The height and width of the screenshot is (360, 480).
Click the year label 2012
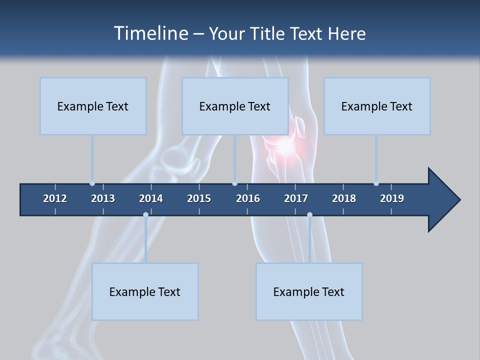pyautogui.click(x=55, y=198)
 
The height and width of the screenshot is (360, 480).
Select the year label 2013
pyautogui.click(x=103, y=198)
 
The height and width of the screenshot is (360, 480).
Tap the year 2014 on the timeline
pyautogui.click(x=151, y=198)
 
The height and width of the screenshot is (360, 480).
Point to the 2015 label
pyautogui.click(x=199, y=198)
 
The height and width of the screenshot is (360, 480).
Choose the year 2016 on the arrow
pyautogui.click(x=248, y=198)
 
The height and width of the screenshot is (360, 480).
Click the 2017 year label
pyautogui.click(x=296, y=198)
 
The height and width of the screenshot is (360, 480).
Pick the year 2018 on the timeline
pyautogui.click(x=344, y=198)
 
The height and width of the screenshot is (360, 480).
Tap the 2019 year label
pyautogui.click(x=392, y=198)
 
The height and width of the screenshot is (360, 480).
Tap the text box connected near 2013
pyautogui.click(x=93, y=106)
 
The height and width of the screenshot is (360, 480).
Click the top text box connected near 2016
pyautogui.click(x=235, y=106)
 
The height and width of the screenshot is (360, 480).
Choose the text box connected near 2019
pyautogui.click(x=377, y=106)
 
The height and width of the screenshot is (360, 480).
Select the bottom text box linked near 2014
pyautogui.click(x=145, y=291)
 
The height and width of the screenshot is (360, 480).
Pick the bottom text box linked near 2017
pyautogui.click(x=309, y=291)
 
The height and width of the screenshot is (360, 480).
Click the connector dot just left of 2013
pyautogui.click(x=92, y=183)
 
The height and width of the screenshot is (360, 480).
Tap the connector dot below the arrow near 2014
pyautogui.click(x=145, y=215)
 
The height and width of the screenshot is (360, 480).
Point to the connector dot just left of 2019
pyautogui.click(x=376, y=183)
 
